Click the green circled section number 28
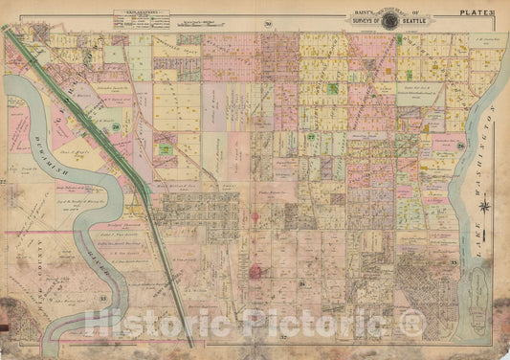click(117, 126)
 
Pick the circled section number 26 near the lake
click(460, 146)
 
